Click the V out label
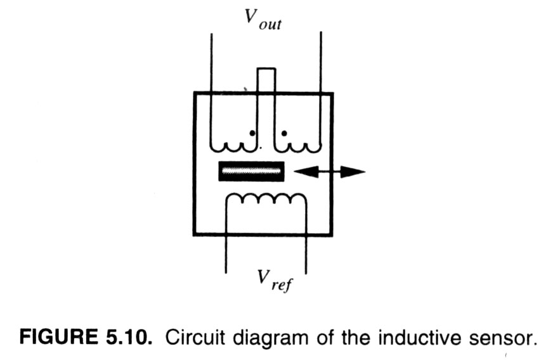(x=263, y=20)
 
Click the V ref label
(x=275, y=281)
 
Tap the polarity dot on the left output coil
(x=252, y=133)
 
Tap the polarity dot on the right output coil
(x=284, y=133)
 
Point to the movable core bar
(x=252, y=171)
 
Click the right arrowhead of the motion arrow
(x=353, y=172)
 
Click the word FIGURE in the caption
(x=59, y=337)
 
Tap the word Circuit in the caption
(x=195, y=337)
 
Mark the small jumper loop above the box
(x=266, y=70)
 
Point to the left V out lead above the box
(x=211, y=63)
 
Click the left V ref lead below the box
(x=226, y=254)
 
